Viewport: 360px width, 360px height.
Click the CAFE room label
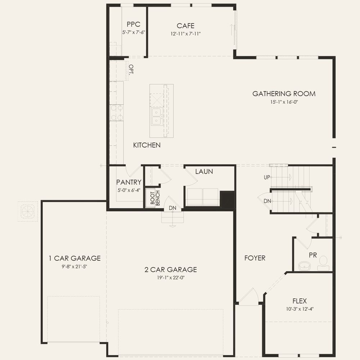(x=185, y=26)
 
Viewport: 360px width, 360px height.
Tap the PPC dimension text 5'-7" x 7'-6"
(x=134, y=32)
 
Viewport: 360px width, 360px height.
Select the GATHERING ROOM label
(x=284, y=94)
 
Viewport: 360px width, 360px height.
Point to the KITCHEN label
(x=147, y=145)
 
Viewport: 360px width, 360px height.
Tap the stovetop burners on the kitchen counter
(x=117, y=113)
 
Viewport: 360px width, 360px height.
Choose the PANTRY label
(x=129, y=182)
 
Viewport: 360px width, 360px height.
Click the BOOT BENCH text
(x=155, y=198)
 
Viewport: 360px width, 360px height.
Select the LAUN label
(x=204, y=171)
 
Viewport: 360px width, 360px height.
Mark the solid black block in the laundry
(x=227, y=199)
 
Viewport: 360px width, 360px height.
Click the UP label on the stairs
(x=267, y=177)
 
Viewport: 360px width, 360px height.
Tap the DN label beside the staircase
(x=267, y=201)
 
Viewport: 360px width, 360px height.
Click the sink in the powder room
(x=305, y=266)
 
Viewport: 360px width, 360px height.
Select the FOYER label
(x=255, y=258)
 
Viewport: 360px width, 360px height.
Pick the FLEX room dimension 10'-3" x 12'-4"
(x=300, y=309)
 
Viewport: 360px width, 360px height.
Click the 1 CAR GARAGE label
(x=75, y=258)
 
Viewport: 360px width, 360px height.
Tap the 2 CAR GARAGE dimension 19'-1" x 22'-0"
(x=171, y=278)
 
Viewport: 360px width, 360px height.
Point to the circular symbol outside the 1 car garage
(x=28, y=211)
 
